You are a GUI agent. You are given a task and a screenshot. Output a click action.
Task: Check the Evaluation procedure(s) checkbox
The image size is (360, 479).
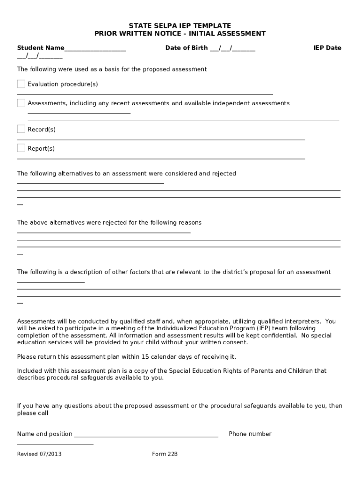click(21, 84)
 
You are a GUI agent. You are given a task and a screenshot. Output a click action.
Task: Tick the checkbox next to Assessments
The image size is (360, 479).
click(21, 103)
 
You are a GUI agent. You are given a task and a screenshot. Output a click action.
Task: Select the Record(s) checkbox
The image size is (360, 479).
click(21, 129)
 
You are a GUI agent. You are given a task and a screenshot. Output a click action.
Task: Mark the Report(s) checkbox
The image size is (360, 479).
click(21, 148)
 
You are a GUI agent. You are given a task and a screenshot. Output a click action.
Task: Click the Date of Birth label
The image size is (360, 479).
click(186, 48)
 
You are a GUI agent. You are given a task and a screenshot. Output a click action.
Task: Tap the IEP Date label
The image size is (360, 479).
click(327, 48)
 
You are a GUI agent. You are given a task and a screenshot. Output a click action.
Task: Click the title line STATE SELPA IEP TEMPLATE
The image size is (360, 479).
click(180, 25)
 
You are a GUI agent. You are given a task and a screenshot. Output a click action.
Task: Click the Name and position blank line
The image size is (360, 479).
click(146, 435)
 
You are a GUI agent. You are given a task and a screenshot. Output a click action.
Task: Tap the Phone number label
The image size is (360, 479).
click(250, 434)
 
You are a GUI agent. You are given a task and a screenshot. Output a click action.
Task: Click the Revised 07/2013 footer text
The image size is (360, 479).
click(39, 454)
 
